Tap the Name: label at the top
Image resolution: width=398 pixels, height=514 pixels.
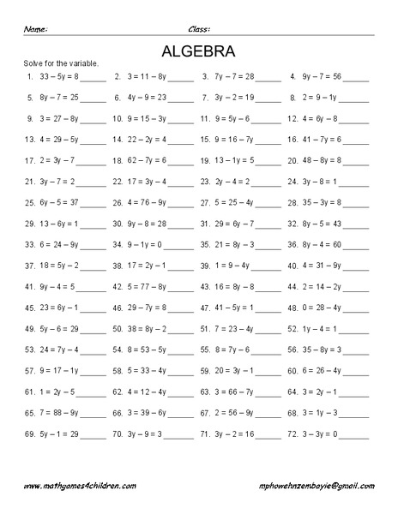tap(35, 29)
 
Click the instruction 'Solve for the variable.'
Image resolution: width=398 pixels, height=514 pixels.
tap(58, 63)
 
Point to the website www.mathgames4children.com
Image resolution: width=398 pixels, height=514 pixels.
tap(80, 486)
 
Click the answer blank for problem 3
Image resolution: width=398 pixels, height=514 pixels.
tap(268, 77)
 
